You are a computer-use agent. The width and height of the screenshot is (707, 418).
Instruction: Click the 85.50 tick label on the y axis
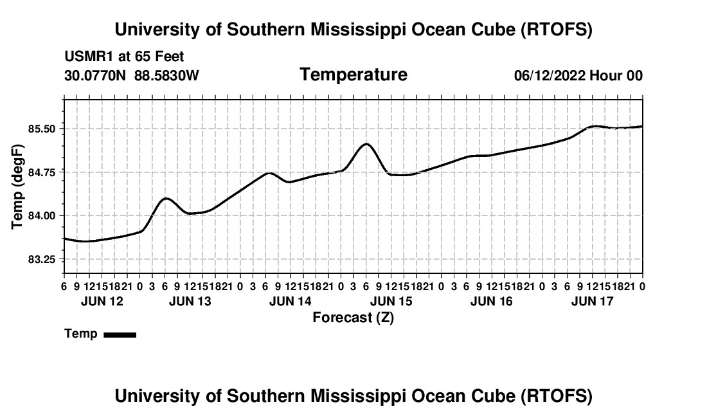(42, 129)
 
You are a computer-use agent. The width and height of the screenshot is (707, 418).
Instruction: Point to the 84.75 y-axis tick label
(42, 172)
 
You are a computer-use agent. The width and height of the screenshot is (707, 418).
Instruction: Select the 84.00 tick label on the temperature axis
(42, 216)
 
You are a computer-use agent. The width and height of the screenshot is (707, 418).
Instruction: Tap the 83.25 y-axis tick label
(42, 259)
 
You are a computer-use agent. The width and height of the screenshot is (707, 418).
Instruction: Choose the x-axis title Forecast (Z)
(353, 317)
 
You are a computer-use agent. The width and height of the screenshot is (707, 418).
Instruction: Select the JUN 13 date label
(190, 301)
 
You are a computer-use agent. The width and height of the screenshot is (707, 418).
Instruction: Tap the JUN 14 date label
(291, 301)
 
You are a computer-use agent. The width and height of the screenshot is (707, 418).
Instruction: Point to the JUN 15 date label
(391, 301)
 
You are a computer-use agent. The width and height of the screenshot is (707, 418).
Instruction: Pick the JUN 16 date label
(492, 301)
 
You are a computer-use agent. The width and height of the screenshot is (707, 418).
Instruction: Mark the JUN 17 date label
(592, 301)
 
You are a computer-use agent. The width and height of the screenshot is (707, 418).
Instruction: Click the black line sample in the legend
(120, 334)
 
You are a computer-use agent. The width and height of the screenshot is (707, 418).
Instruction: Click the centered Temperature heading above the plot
(353, 75)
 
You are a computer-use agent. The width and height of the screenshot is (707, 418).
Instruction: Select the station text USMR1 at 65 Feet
(124, 57)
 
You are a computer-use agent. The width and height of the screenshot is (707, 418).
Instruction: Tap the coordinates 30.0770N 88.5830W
(132, 76)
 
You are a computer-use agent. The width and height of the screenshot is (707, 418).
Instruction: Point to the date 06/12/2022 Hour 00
(578, 76)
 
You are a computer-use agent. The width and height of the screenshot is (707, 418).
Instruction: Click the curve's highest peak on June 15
(366, 143)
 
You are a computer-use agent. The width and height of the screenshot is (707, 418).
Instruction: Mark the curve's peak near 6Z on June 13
(166, 198)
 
